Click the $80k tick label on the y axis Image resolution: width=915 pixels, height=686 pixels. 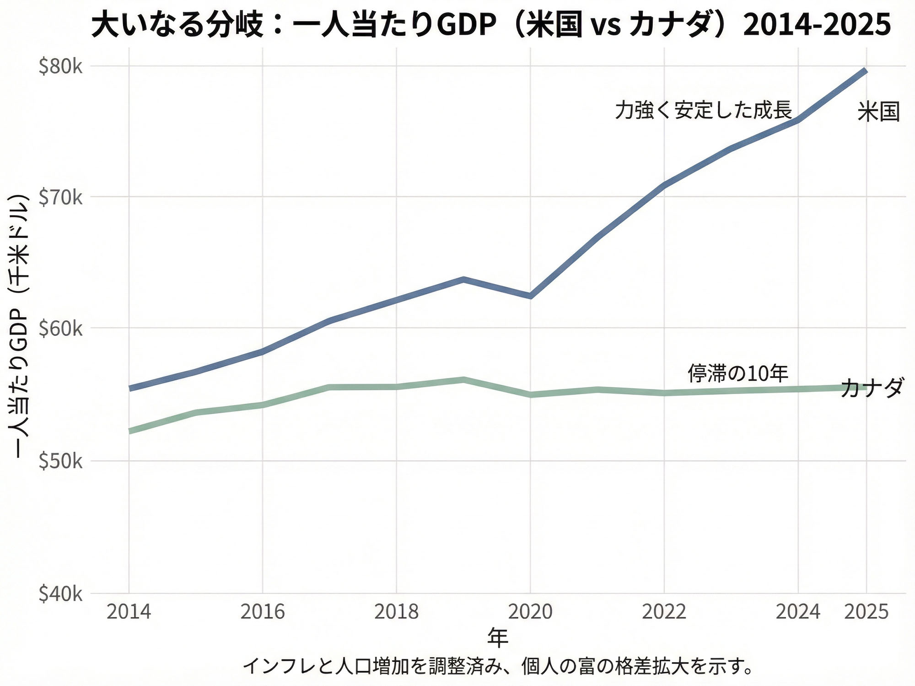pyautogui.click(x=60, y=67)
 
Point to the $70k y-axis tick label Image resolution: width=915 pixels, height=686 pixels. pyautogui.click(x=60, y=198)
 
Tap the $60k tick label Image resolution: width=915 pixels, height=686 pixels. pyautogui.click(x=60, y=329)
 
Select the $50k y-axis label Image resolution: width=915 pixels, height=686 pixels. pyautogui.click(x=60, y=461)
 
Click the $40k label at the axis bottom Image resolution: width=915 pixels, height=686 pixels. pyautogui.click(x=60, y=594)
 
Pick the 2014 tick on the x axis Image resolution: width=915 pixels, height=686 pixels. pyautogui.click(x=129, y=612)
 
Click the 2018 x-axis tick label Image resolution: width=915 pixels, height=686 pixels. pyautogui.click(x=396, y=612)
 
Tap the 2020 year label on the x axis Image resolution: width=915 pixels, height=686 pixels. pyautogui.click(x=530, y=612)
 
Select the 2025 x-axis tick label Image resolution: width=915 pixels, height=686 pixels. pyautogui.click(x=866, y=612)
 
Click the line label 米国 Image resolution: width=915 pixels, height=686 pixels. pyautogui.click(x=878, y=112)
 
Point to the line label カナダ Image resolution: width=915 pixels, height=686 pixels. pyautogui.click(x=872, y=388)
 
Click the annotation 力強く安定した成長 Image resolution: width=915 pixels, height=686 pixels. pyautogui.click(x=703, y=110)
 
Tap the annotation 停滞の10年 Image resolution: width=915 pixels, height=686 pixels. pyautogui.click(x=737, y=373)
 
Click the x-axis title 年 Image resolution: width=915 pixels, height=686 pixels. pyautogui.click(x=497, y=637)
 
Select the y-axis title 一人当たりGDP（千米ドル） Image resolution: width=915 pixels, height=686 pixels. pyautogui.click(x=20, y=325)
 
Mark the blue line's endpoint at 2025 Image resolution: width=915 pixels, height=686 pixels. pyautogui.click(x=865, y=70)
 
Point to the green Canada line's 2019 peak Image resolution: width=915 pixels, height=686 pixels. pyautogui.click(x=463, y=379)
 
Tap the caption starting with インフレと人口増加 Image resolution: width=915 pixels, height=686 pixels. pyautogui.click(x=497, y=666)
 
